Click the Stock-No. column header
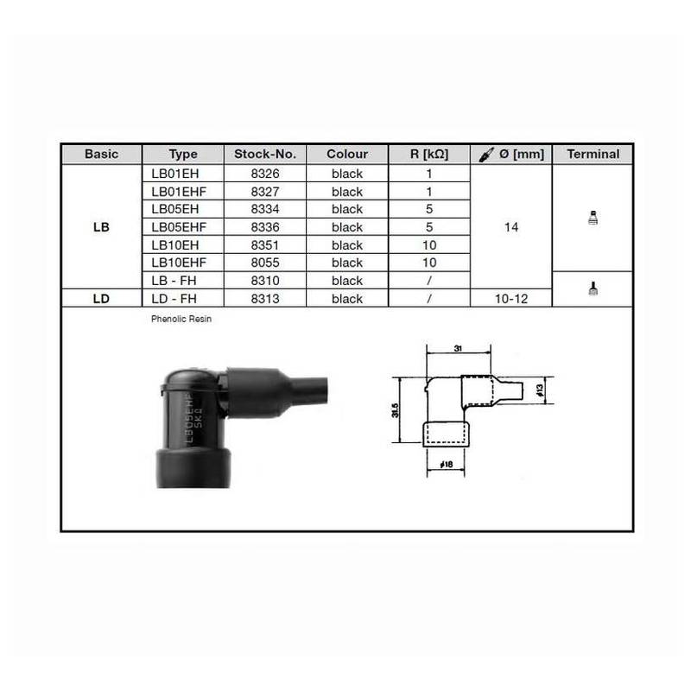click(265, 154)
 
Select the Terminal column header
click(593, 154)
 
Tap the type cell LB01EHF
click(179, 192)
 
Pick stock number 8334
click(265, 209)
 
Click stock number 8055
click(265, 263)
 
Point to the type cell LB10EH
click(175, 245)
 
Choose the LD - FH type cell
click(174, 299)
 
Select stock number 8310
click(265, 281)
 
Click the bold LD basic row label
click(101, 299)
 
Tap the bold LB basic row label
click(101, 227)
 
